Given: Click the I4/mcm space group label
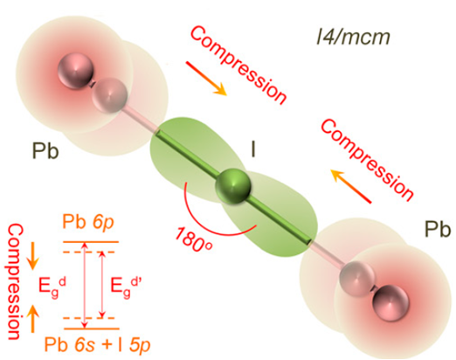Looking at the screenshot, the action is pos(353,38).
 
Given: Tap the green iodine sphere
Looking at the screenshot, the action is pos(233,186).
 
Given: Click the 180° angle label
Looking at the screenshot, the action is pos(194,237).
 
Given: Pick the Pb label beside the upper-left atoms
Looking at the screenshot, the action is pos(45,151).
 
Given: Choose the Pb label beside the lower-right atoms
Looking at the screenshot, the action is pos(438,229).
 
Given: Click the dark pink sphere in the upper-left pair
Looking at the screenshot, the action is pos(75,70).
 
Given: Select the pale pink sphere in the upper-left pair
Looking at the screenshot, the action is pos(109,95).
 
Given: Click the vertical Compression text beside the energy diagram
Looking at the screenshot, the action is pos(14,281).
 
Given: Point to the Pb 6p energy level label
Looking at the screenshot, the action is pos(88,224).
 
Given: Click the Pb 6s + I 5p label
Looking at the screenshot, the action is pos(97,345).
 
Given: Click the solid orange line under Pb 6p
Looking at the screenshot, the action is pos(91,242).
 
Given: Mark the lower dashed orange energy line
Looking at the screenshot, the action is pos(89,318).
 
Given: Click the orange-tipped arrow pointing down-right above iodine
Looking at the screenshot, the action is pos(206,79).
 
